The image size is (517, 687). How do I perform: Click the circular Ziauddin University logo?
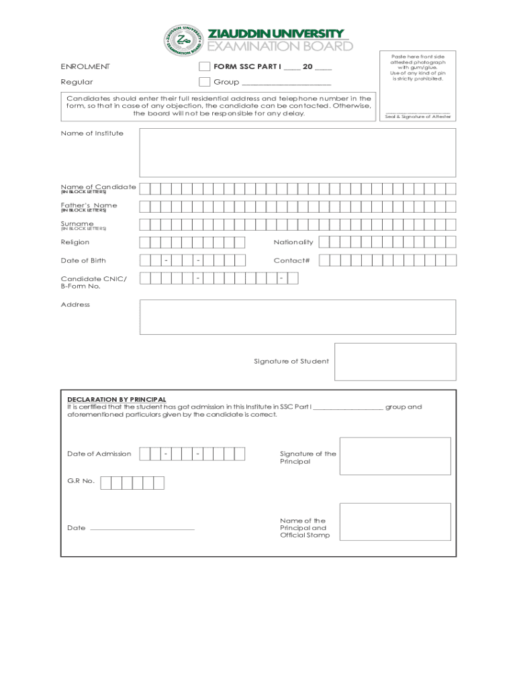[x=183, y=42]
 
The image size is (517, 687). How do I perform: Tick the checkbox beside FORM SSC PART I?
[x=205, y=67]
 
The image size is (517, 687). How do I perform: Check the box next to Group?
[x=205, y=82]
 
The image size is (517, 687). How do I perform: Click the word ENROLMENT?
[x=85, y=67]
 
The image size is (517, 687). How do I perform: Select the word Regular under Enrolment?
[x=77, y=82]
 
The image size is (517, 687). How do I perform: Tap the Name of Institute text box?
[x=297, y=152]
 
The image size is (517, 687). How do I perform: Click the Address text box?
[x=297, y=317]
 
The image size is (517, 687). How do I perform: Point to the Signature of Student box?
[x=395, y=362]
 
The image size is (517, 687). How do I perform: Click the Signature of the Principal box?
[x=395, y=457]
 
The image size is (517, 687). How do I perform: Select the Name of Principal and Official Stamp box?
[x=395, y=529]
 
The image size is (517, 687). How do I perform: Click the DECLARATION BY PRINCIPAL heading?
[x=116, y=399]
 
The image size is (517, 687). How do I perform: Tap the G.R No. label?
[x=81, y=481]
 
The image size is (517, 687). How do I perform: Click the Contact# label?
[x=291, y=260]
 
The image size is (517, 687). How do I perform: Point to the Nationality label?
[x=293, y=242]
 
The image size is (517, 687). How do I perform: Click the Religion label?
[x=75, y=242]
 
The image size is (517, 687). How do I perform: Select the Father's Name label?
[x=89, y=205]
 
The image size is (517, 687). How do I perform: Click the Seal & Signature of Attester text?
[x=418, y=117]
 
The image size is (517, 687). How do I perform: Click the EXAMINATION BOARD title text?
[x=280, y=46]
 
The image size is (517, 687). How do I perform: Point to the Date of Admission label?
[x=99, y=454]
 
